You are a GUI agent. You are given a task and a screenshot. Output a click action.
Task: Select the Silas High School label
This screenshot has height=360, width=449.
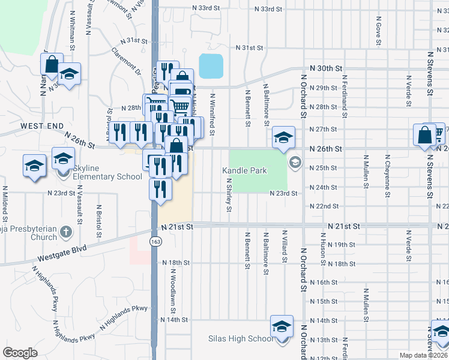240,338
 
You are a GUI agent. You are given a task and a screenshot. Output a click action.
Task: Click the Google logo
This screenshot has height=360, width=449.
20,353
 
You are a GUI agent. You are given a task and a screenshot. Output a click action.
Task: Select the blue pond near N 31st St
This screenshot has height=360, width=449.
211,66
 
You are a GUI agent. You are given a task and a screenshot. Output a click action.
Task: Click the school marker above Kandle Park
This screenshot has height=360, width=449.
283,137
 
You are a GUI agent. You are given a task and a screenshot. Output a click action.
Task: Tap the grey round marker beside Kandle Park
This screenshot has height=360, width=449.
295,162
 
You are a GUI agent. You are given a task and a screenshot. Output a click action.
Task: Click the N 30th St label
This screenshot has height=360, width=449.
326,69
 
